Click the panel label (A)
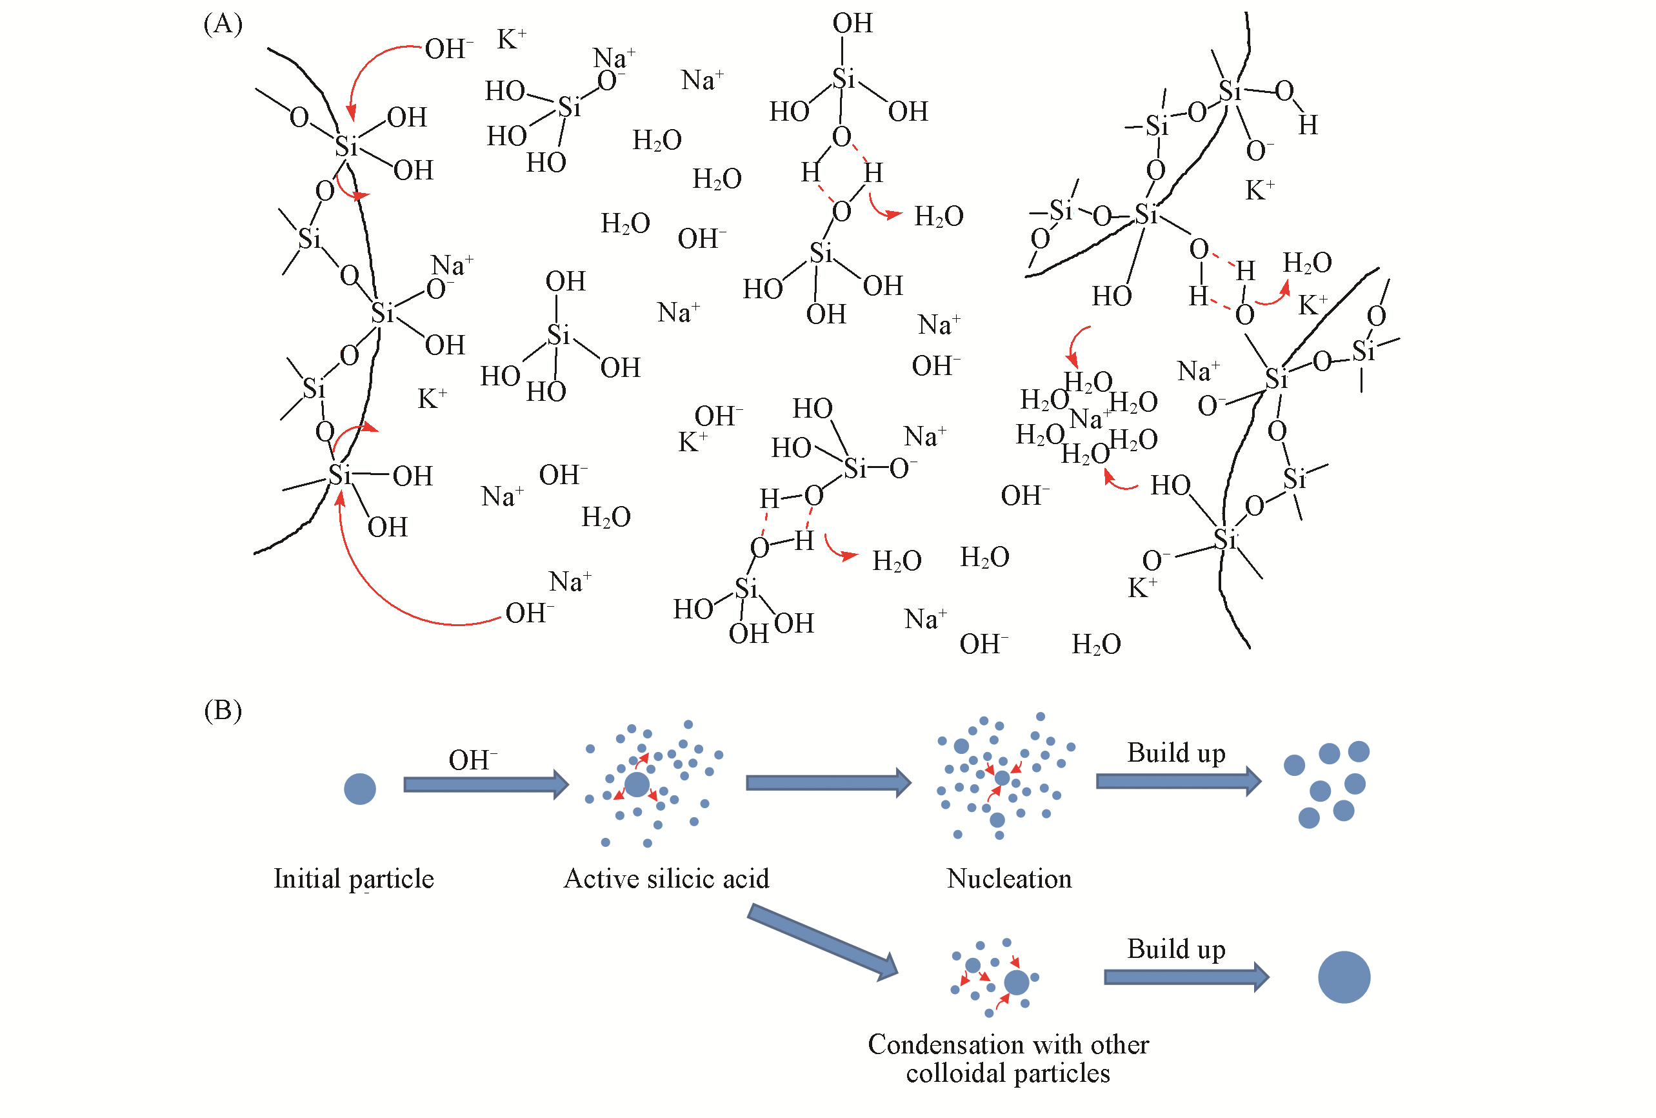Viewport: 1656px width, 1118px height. tap(223, 25)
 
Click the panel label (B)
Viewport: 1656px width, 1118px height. tap(223, 710)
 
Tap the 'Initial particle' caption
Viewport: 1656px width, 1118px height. tap(354, 879)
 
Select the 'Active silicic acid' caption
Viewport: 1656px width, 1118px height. tap(666, 879)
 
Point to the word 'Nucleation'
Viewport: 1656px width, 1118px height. tap(1009, 879)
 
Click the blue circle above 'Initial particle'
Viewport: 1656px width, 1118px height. tap(360, 789)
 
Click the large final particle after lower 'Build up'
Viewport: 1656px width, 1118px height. tap(1344, 977)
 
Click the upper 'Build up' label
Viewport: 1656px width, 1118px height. tap(1176, 753)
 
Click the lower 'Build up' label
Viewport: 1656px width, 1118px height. tap(1176, 949)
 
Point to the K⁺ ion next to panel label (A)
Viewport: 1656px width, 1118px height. tap(512, 39)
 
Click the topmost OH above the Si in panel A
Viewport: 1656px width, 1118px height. tap(852, 23)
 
